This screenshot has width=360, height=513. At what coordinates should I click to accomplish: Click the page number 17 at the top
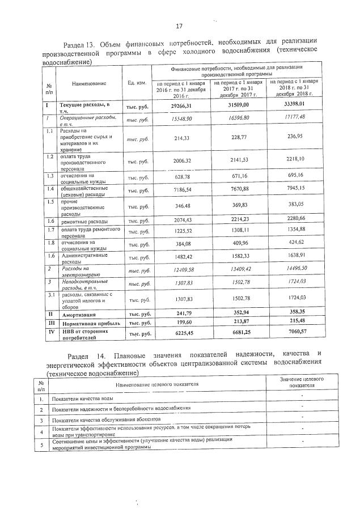[x=179, y=26]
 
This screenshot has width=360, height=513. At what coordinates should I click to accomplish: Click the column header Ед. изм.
[x=138, y=83]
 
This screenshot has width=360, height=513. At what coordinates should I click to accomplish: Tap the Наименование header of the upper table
[x=89, y=83]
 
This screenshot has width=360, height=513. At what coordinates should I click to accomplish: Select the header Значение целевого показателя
[x=302, y=381]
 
